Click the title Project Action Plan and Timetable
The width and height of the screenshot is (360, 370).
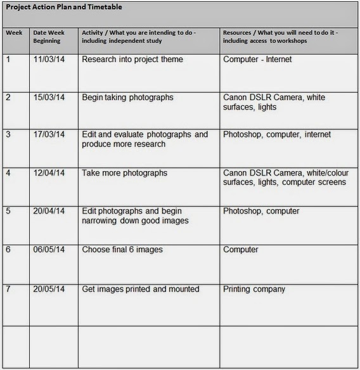[64, 7]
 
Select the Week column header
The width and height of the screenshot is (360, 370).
[14, 32]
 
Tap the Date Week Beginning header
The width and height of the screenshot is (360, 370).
[48, 36]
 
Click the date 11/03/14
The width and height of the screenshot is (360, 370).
[49, 60]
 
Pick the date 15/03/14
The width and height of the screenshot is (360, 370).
[49, 98]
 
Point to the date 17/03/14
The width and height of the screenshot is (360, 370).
[49, 134]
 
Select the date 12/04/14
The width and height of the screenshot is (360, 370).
[49, 173]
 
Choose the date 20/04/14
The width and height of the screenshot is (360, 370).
[49, 211]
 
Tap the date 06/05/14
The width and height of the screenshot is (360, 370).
[49, 250]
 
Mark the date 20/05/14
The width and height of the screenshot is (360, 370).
[49, 289]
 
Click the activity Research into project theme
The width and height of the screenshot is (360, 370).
[132, 60]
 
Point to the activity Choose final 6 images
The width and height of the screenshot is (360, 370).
[122, 250]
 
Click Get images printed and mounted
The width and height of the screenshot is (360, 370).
[141, 289]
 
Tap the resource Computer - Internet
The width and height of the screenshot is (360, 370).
[257, 60]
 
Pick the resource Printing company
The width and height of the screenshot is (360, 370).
[254, 289]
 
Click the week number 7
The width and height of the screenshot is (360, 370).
[8, 289]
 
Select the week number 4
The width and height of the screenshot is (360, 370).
[8, 173]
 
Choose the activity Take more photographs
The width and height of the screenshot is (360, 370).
[125, 173]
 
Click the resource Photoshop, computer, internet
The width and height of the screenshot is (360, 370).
[277, 134]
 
